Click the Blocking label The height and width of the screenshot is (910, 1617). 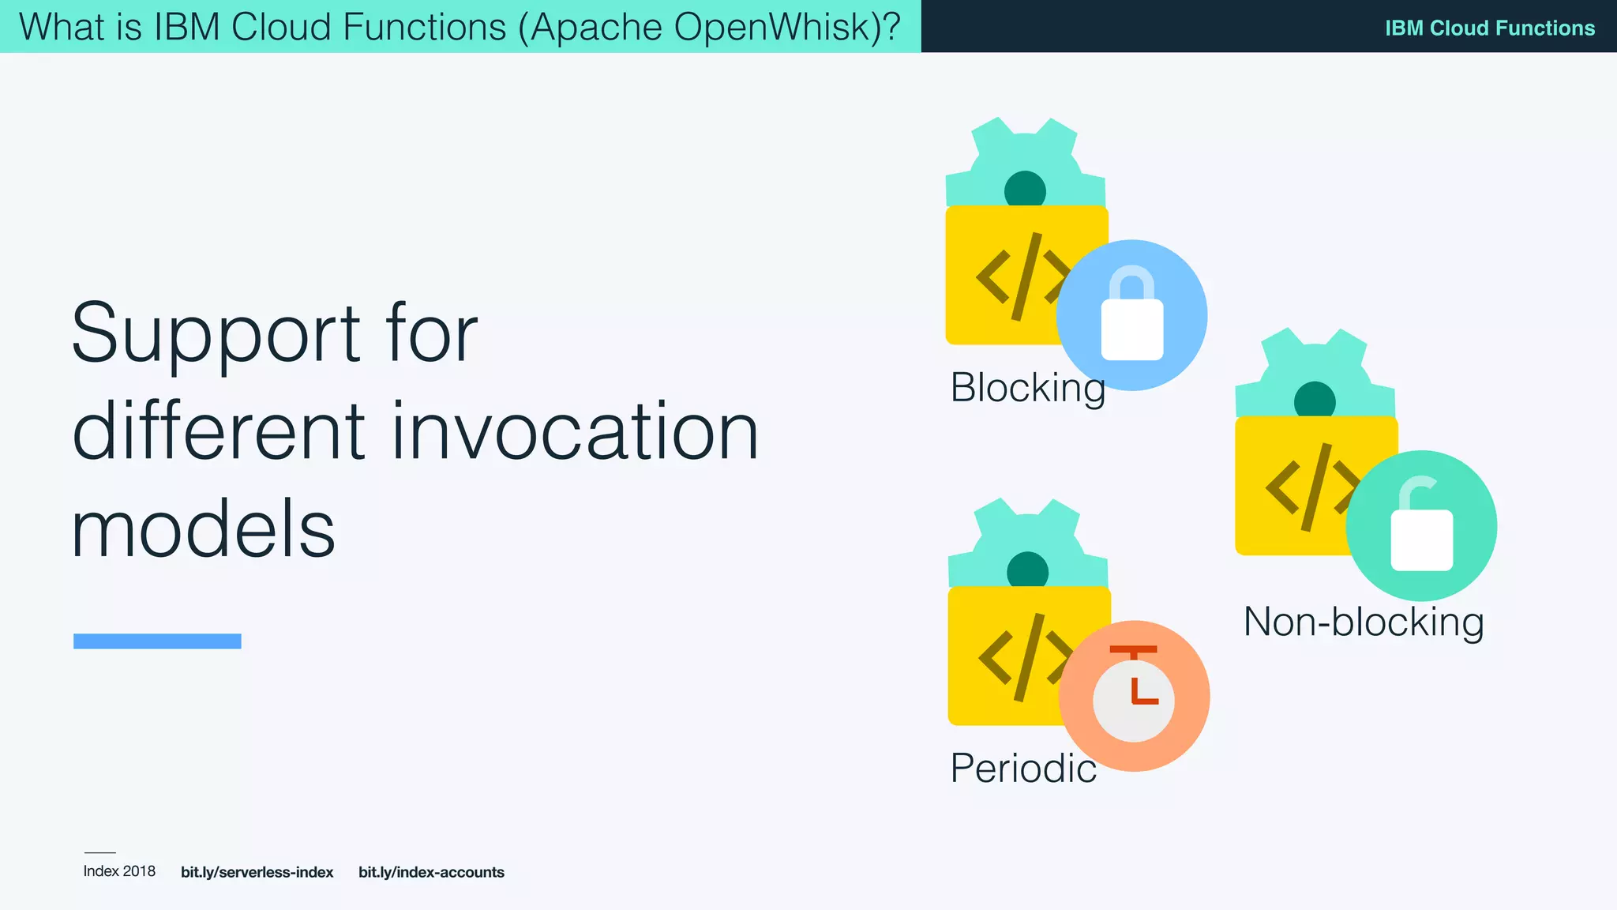pyautogui.click(x=1026, y=388)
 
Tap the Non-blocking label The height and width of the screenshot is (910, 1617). pyautogui.click(x=1364, y=622)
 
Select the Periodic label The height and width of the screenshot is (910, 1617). pyautogui.click(x=1023, y=769)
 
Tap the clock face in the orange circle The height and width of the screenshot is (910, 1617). pyautogui.click(x=1134, y=699)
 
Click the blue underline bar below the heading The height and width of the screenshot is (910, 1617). pyautogui.click(x=157, y=641)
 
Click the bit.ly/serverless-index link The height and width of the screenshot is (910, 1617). pyautogui.click(x=257, y=872)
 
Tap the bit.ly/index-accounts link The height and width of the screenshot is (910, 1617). pyautogui.click(x=431, y=872)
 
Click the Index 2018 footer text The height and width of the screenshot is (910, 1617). pyautogui.click(x=119, y=871)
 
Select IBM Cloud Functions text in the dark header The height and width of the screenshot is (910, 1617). pyautogui.click(x=1489, y=28)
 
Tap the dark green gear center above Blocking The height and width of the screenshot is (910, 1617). pyautogui.click(x=1025, y=190)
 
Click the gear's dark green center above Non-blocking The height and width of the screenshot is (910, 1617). pyautogui.click(x=1315, y=400)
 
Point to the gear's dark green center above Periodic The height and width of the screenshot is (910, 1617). pyautogui.click(x=1027, y=571)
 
